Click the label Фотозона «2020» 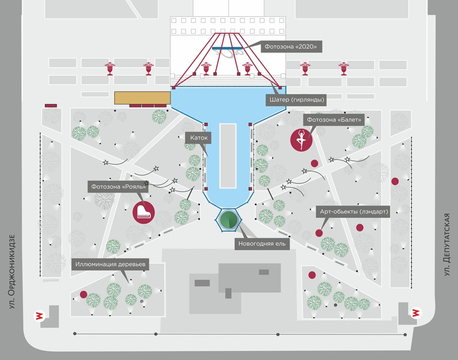coord(291,46)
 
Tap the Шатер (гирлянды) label coord(296,99)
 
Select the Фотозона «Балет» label coord(334,120)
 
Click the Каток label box coord(198,138)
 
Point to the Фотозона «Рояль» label coord(118,187)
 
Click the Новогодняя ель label coord(262,244)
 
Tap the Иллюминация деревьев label coord(110,264)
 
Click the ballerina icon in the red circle coord(301,140)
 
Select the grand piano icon coord(143,212)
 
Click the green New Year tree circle coord(229,219)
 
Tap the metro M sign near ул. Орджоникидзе coord(39,315)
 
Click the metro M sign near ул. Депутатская coord(415,313)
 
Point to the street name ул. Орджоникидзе coord(12,272)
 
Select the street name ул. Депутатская coord(447,245)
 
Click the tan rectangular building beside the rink coord(142,97)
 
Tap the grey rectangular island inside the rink coord(228,156)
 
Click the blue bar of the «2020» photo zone coord(227,48)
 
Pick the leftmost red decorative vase coord(110,69)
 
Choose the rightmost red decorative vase coord(344,69)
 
